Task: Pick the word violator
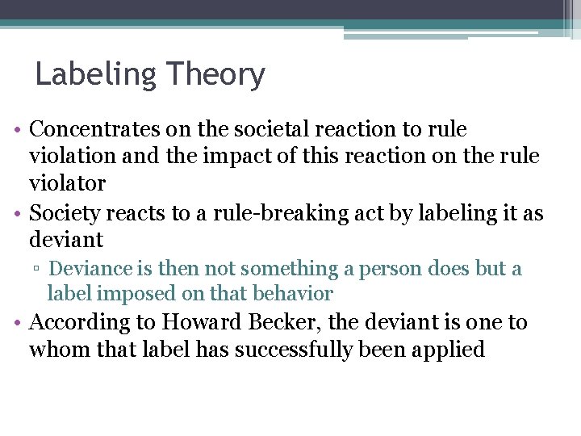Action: [x=68, y=183]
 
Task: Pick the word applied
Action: [x=446, y=350]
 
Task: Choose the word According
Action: [x=80, y=323]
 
